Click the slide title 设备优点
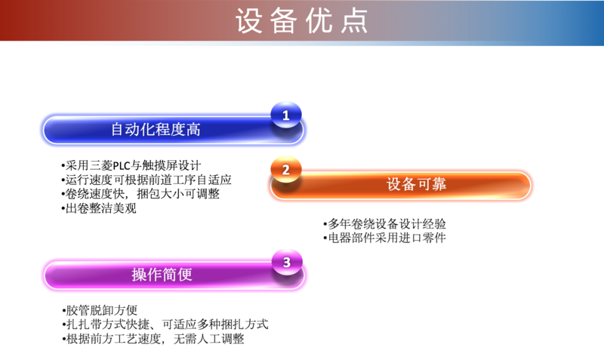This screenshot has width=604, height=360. point(301,21)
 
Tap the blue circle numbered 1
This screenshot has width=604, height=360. point(286,115)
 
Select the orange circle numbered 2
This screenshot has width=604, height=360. point(286,169)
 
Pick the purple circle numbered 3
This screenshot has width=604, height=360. point(287,262)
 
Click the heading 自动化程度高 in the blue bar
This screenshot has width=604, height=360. point(156,129)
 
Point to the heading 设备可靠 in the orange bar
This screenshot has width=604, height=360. point(416,184)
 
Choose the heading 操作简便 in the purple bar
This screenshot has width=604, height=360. point(162,275)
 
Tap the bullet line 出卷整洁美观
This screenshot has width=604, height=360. point(99,208)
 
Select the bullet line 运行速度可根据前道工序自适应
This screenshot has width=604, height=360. point(146,180)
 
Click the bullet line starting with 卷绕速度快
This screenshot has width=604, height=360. point(140,194)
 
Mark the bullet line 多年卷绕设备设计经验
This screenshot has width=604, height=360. point(384,223)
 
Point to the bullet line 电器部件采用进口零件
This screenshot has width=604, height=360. point(384,238)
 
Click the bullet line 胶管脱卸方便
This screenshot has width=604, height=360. point(100,310)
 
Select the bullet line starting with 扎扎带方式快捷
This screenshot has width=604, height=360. point(165,325)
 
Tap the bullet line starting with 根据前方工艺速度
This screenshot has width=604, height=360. point(153,339)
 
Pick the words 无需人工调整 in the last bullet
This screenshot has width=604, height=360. point(209,339)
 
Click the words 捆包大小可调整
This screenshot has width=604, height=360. point(178,194)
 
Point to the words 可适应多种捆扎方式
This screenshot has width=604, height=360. point(215,325)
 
